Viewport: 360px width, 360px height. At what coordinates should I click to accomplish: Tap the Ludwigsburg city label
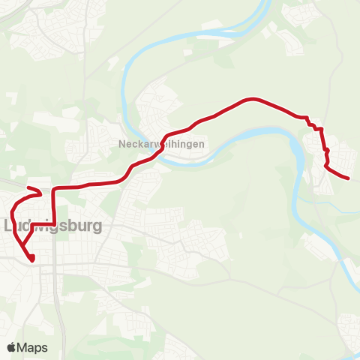point(52,225)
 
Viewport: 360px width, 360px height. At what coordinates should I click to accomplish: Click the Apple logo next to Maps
point(11,348)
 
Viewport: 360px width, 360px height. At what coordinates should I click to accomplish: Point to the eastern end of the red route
point(349,178)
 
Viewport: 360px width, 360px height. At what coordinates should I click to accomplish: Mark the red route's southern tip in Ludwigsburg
point(32,259)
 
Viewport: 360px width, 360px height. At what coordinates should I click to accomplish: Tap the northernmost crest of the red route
point(253,98)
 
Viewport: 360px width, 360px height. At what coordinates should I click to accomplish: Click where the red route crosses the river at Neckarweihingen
point(160,149)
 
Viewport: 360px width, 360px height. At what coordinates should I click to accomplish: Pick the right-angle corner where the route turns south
point(53,187)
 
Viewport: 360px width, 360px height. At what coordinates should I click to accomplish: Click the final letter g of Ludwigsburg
point(97,226)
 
